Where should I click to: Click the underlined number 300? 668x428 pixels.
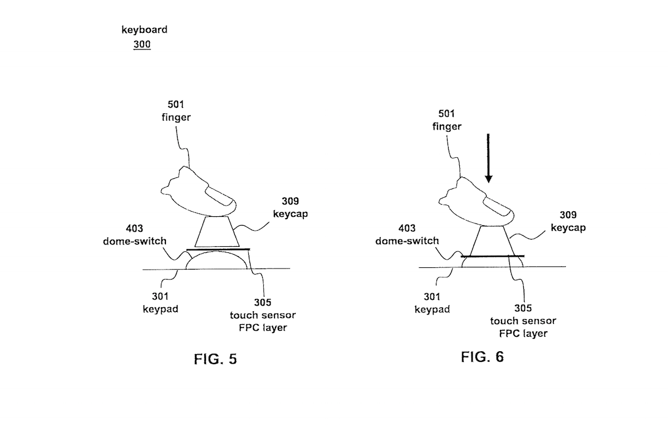click(142, 44)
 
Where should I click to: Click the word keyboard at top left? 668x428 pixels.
click(144, 29)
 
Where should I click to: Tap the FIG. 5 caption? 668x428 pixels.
click(215, 359)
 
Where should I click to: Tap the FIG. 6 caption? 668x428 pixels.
click(482, 357)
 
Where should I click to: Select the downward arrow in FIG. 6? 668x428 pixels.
click(488, 158)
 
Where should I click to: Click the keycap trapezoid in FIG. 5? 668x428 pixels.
click(217, 232)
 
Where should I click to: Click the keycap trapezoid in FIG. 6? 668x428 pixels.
click(492, 241)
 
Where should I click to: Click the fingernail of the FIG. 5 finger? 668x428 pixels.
click(220, 197)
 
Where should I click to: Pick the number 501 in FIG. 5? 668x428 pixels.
click(176, 104)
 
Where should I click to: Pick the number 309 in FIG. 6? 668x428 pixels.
click(568, 215)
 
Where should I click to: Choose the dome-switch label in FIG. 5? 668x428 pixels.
click(135, 241)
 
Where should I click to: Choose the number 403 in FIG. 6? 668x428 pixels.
click(407, 228)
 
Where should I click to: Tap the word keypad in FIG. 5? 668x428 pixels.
click(160, 310)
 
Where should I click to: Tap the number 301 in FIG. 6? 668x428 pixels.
click(432, 297)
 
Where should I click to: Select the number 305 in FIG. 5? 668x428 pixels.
click(262, 302)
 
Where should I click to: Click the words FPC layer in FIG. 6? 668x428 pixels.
click(523, 334)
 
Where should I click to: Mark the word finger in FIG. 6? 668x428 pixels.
click(446, 127)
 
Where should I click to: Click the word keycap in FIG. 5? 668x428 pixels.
click(290, 214)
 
